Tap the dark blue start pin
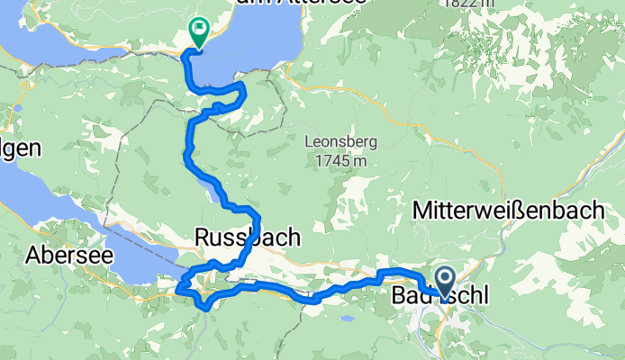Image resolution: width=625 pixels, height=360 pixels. point(445,279)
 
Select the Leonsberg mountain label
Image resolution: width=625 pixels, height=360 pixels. point(340,142)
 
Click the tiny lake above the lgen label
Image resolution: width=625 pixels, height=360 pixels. point(16,108)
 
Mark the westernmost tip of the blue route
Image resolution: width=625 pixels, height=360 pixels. point(177,288)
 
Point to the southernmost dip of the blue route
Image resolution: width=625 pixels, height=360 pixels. point(208,309)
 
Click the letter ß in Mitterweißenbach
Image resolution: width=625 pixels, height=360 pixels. point(532,211)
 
